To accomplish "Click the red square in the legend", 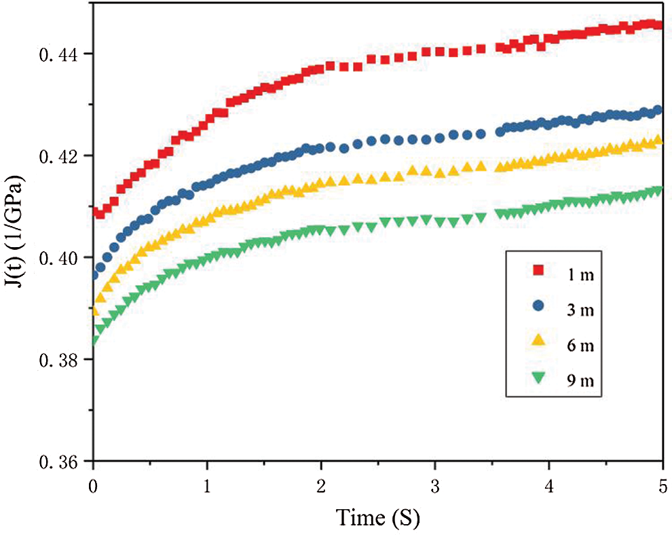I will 537,272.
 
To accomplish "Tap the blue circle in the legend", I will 537,308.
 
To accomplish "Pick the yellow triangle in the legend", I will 537,344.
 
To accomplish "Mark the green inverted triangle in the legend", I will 537,380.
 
